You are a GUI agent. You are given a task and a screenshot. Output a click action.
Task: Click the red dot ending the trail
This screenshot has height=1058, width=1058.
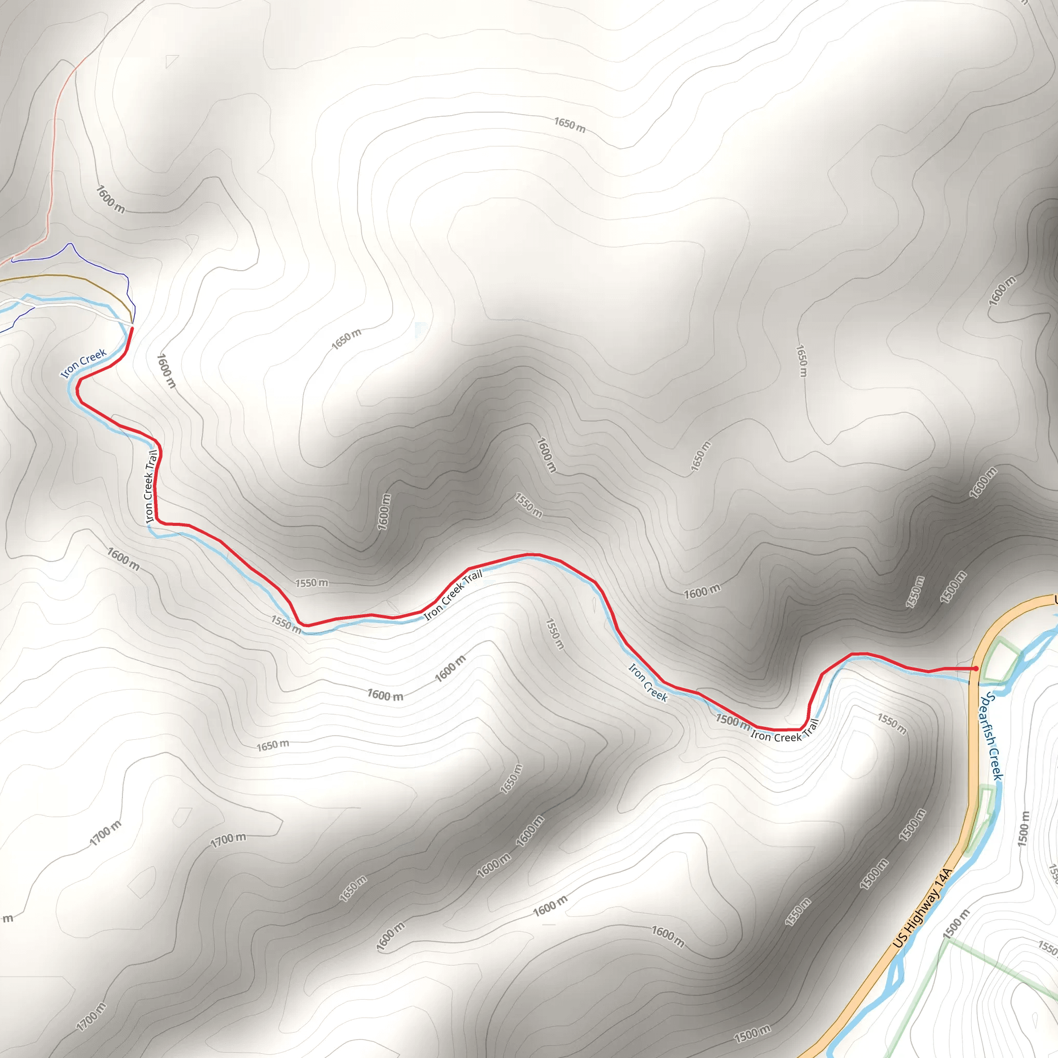tap(976, 668)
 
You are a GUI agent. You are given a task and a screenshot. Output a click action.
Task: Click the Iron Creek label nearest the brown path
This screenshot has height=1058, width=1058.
tap(84, 364)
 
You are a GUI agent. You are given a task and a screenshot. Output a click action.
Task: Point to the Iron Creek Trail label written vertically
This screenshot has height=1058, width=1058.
tap(151, 486)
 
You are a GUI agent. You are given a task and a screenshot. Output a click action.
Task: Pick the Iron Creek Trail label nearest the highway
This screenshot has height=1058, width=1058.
tap(785, 732)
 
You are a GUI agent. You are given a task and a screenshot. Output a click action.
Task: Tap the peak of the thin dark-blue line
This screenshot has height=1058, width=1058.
tap(70, 244)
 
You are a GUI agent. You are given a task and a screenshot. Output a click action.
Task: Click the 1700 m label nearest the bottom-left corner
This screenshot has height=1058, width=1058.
tap(91, 1017)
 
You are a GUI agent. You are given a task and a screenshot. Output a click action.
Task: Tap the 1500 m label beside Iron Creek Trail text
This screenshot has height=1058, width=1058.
tap(732, 722)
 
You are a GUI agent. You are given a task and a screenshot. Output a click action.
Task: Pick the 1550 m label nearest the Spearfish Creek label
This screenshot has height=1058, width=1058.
tap(892, 724)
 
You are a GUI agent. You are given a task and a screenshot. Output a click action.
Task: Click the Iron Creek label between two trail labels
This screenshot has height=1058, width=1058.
tap(648, 683)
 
